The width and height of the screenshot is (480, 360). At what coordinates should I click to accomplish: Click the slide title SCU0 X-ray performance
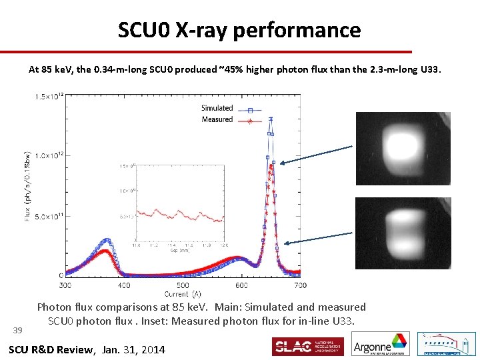tap(239, 30)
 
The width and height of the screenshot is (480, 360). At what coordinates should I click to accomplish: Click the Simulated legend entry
tap(217, 108)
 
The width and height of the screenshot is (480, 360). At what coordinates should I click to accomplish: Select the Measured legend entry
tap(217, 119)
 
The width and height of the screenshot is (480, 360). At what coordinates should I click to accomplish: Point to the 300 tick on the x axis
tap(65, 285)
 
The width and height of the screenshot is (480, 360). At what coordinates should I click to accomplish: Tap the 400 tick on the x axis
tap(124, 285)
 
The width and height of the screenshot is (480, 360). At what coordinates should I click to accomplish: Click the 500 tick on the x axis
tap(183, 285)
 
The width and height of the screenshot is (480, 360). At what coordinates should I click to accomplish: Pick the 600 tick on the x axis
tap(241, 285)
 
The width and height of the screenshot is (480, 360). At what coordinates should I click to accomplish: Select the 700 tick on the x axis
tap(300, 285)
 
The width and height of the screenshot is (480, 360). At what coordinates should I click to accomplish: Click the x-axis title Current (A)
tap(183, 293)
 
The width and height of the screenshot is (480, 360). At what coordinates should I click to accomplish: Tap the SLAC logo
tap(307, 347)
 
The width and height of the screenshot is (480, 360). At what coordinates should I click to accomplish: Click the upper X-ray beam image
tap(403, 148)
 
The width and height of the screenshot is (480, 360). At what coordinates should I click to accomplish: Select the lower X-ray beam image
tap(403, 233)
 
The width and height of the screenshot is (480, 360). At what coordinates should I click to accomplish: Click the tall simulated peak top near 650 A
tap(271, 120)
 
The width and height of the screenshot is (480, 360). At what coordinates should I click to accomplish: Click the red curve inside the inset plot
tap(179, 215)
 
